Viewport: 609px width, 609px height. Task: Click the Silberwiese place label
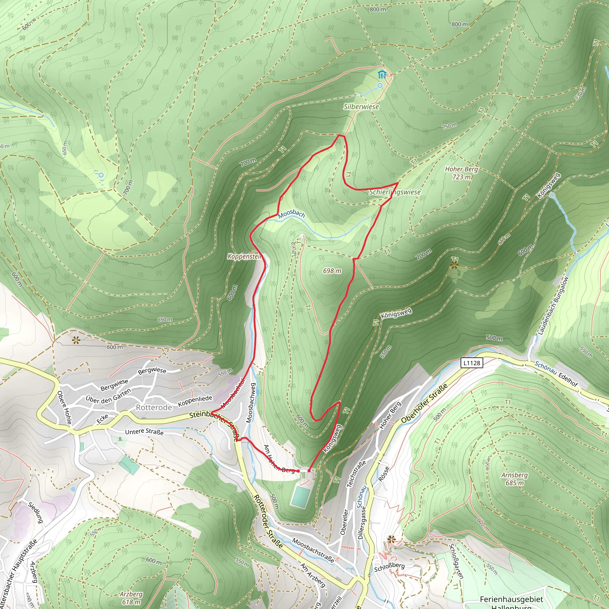[361, 106]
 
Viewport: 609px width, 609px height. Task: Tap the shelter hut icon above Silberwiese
[382, 75]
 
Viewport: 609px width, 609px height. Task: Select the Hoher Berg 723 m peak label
[461, 173]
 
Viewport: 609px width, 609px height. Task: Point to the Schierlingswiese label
[395, 192]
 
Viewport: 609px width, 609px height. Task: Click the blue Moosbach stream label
[291, 214]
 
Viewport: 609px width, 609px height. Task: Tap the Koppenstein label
[245, 256]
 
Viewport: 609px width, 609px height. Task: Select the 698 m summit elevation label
[332, 271]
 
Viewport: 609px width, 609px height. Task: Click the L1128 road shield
[472, 363]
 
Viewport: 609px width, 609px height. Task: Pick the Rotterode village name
[154, 408]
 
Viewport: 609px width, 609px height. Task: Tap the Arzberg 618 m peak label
[131, 598]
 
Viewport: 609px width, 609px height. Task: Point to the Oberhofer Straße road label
[424, 403]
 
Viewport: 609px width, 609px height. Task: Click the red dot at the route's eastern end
[309, 471]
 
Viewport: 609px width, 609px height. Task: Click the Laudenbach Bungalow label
[553, 305]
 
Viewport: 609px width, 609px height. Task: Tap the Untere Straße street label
[144, 432]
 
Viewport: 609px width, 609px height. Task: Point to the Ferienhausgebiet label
[511, 599]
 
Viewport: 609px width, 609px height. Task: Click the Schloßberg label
[389, 566]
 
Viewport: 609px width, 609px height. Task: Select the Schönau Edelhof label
[556, 374]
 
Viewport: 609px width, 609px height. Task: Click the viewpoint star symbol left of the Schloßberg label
[391, 539]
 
